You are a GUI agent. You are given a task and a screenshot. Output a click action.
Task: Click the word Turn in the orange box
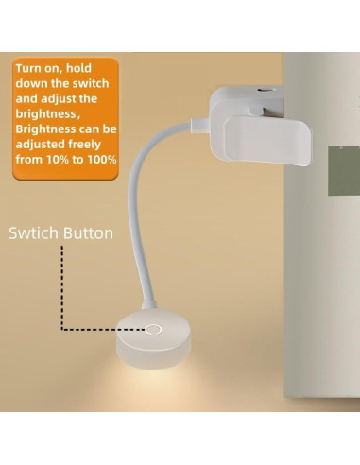[x=30, y=70]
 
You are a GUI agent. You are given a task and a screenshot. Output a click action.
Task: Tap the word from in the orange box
[x=30, y=159]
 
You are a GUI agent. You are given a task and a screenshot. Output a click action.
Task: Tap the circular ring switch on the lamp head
[x=152, y=330]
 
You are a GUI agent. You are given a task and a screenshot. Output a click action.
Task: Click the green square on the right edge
[x=345, y=171]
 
